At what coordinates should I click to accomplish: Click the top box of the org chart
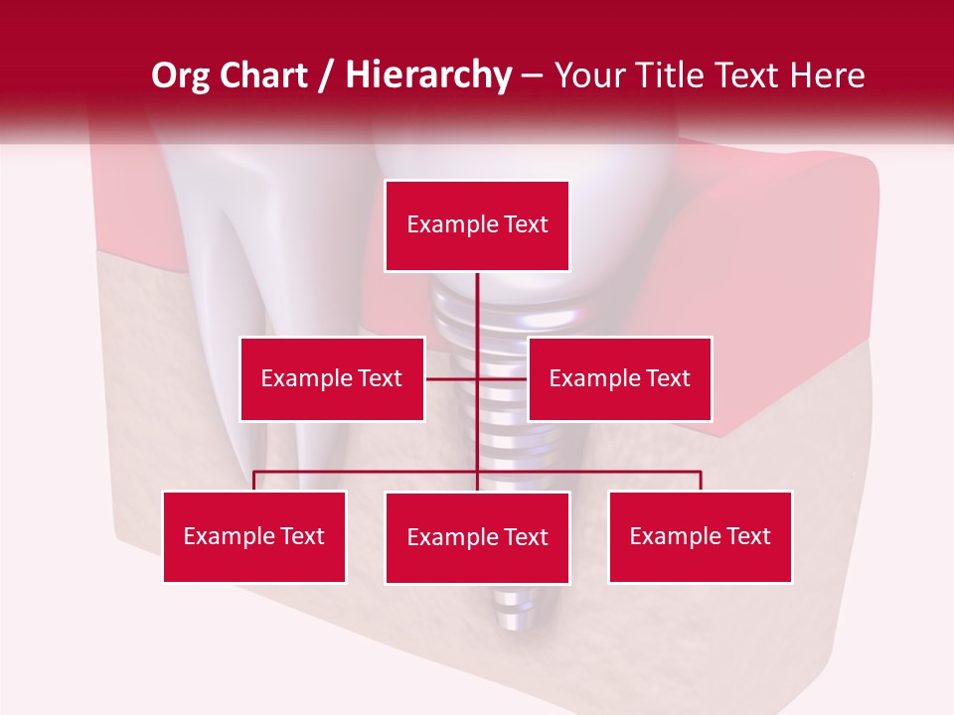[x=477, y=225]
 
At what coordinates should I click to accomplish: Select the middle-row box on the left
[x=332, y=378]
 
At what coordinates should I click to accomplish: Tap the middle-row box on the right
[x=619, y=378]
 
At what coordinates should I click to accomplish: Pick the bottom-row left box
[x=254, y=536]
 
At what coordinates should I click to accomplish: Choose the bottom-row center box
[x=477, y=537]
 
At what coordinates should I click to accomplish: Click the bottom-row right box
[x=700, y=536]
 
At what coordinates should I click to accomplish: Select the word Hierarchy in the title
[x=428, y=75]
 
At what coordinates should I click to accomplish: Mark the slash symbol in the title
[x=328, y=76]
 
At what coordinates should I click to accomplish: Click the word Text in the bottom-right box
[x=748, y=536]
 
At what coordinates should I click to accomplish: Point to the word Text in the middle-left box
[x=380, y=378]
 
